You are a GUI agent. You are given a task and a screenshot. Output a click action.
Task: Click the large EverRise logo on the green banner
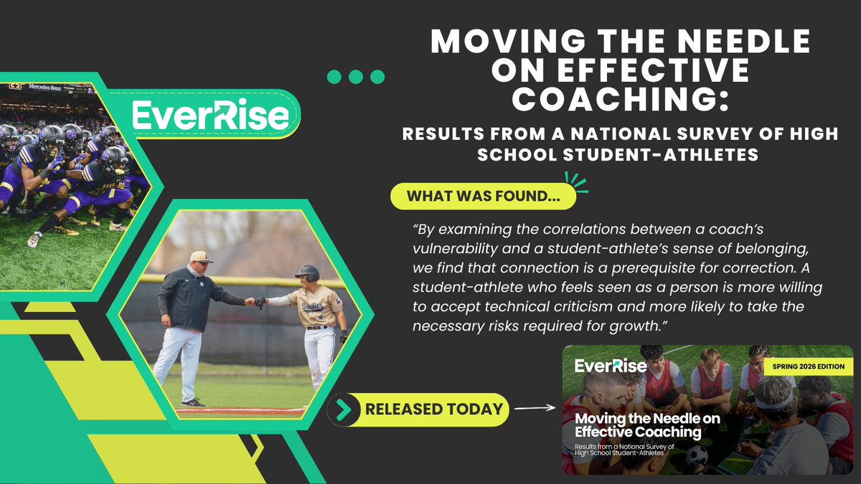(210, 115)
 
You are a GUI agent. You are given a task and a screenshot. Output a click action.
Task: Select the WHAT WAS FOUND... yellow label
(483, 196)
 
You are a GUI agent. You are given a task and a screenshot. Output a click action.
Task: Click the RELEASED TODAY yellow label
(433, 409)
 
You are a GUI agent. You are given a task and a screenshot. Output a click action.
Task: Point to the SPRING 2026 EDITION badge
(808, 366)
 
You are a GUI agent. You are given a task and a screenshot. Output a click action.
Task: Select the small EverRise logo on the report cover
(611, 366)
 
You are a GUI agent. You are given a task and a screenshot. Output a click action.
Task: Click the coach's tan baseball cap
(201, 257)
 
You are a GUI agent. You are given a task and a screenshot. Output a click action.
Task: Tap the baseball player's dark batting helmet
(308, 272)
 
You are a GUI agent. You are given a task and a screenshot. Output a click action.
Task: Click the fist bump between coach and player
(254, 302)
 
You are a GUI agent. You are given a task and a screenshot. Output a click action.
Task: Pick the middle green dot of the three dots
(356, 77)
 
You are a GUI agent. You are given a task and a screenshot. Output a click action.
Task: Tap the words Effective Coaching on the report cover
(638, 432)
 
